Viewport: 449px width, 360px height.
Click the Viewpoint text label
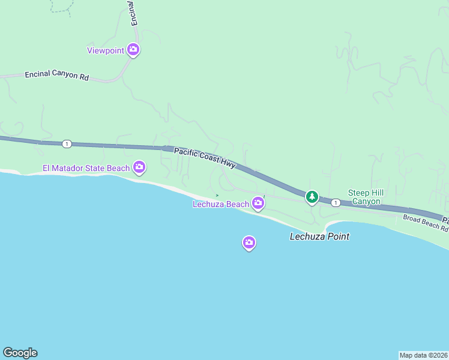(106, 51)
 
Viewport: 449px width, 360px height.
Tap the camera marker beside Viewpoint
(133, 50)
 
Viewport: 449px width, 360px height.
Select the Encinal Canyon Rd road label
(56, 76)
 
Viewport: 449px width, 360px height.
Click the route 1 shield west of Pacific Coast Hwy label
(67, 144)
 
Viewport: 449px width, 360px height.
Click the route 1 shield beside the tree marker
(336, 203)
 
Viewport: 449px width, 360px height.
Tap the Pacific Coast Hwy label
(205, 157)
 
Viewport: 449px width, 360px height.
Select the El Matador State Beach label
(86, 168)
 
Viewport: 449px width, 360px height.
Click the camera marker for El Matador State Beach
(139, 167)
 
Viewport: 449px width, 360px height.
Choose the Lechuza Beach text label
(220, 204)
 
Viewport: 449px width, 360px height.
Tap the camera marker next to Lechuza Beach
(258, 203)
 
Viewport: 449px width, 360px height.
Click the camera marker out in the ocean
(249, 242)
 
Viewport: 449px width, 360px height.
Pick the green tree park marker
(312, 196)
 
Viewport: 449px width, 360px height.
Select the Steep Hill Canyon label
(364, 197)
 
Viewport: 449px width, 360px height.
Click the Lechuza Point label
(319, 236)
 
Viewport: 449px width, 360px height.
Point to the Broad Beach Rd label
(425, 223)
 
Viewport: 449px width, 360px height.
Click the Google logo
(20, 353)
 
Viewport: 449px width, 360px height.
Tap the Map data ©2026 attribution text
(423, 355)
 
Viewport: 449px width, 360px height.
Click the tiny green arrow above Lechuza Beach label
(217, 195)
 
